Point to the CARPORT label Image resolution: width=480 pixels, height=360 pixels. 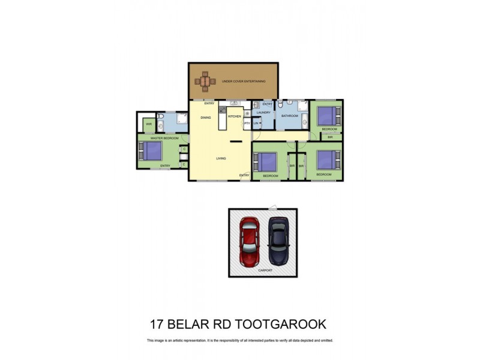tap(265, 271)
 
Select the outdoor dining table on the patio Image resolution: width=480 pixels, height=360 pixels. tap(206, 80)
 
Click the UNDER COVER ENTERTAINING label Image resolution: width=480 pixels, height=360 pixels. tap(243, 81)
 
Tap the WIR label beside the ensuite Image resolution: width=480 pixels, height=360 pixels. tap(149, 125)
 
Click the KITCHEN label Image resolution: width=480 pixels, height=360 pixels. tap(234, 116)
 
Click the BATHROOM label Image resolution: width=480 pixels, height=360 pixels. tap(290, 116)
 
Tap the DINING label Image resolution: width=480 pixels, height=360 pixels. tap(206, 118)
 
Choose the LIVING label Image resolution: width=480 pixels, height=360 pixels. tap(221, 159)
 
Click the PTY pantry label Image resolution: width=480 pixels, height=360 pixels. tap(247, 124)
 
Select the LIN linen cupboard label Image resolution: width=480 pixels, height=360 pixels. tap(255, 124)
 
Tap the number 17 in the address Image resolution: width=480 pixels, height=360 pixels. tap(157, 325)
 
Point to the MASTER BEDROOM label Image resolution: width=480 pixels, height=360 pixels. tap(164, 138)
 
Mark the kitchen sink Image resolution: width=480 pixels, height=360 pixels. tap(235, 104)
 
